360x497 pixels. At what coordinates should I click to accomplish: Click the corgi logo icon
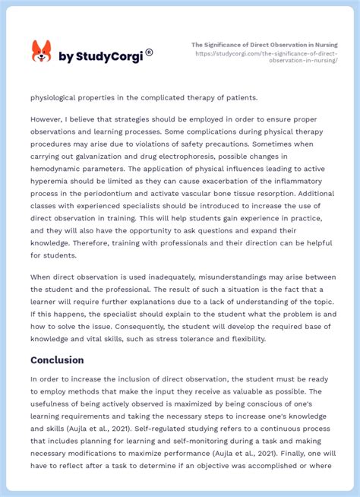(x=41, y=52)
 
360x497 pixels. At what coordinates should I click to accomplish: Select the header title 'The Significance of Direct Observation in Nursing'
(x=264, y=45)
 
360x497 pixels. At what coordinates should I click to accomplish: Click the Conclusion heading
(x=57, y=360)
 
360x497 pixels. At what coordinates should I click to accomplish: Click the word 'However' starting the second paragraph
(x=47, y=119)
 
